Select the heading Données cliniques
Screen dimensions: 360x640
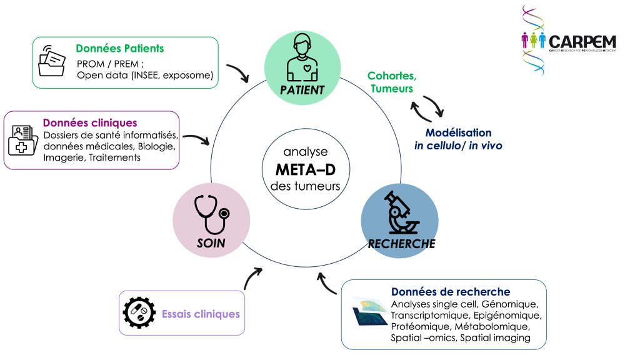tap(89, 122)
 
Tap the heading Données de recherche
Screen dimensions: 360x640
tap(451, 292)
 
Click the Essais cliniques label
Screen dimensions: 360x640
tap(201, 314)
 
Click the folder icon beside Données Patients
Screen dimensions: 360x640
tap(52, 61)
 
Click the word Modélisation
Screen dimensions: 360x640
tap(458, 132)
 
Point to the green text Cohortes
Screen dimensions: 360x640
tap(392, 76)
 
